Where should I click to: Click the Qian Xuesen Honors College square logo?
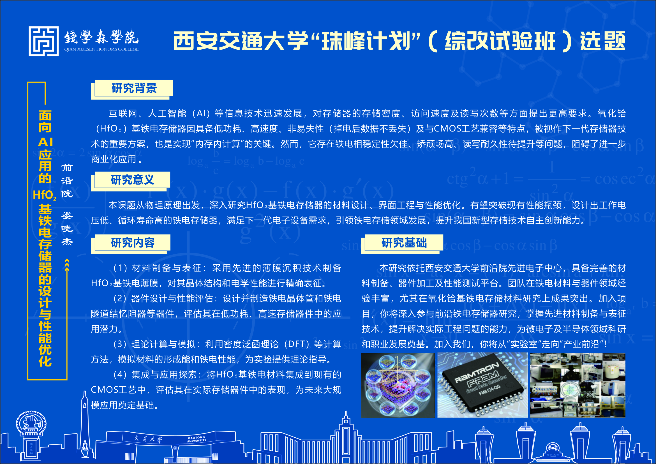[44, 41]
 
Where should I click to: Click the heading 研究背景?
[134, 88]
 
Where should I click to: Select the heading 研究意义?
[133, 180]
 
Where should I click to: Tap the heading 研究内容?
[133, 243]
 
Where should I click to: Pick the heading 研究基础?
[404, 243]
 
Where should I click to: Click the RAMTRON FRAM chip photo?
[482, 385]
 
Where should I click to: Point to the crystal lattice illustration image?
[398, 385]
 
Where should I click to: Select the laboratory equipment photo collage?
[578, 385]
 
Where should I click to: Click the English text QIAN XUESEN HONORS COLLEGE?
[101, 49]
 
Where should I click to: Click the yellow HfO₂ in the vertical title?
[44, 195]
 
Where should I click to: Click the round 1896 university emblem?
[31, 424]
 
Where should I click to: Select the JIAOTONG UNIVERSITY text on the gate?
[197, 439]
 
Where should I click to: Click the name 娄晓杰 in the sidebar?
[67, 228]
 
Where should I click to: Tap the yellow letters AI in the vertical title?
[45, 142]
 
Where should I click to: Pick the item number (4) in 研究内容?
[120, 375]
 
